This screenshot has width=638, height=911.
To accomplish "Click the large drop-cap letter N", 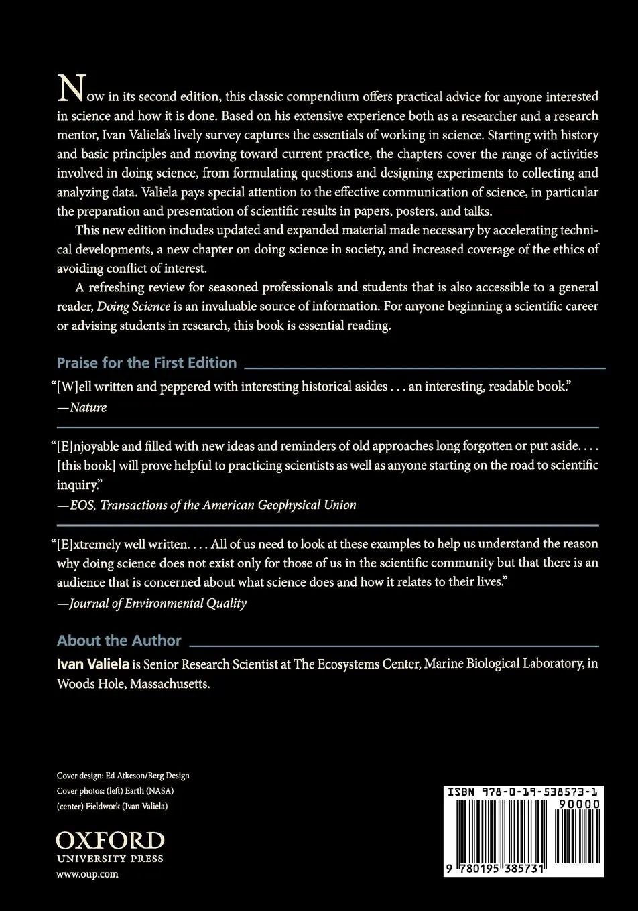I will [70, 88].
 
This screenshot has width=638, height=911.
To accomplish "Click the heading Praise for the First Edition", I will [147, 363].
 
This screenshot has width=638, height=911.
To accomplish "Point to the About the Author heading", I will [119, 641].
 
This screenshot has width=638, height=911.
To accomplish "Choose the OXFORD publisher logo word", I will [110, 841].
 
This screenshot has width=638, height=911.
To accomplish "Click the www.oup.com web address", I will [87, 874].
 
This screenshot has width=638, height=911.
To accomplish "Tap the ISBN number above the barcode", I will [523, 792].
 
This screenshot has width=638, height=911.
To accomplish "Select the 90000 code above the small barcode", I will [578, 804].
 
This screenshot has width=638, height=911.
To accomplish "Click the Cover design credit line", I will [123, 776].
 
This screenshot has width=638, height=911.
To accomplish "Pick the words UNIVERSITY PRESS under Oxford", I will [110, 859].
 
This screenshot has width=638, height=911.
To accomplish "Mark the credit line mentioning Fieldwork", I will [112, 807].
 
